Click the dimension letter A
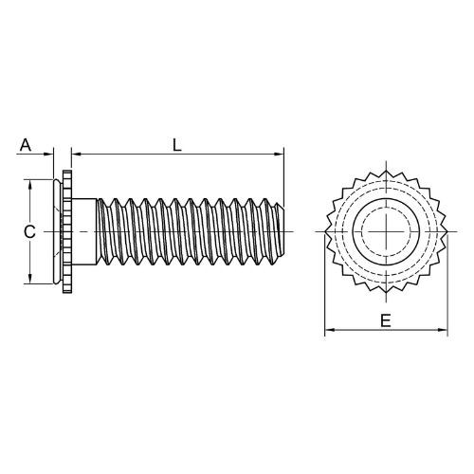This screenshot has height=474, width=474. click(x=26, y=145)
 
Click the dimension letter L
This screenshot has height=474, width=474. click(x=177, y=145)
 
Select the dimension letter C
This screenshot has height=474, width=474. click(x=29, y=232)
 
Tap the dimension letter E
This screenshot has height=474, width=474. click(x=386, y=320)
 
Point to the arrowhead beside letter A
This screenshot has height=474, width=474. click(x=48, y=155)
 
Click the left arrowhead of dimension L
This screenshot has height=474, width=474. click(x=77, y=155)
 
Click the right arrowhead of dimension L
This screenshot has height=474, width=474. click(x=279, y=155)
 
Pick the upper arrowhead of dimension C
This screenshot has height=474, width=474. click(x=30, y=185)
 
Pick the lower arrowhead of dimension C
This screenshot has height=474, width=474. click(x=30, y=279)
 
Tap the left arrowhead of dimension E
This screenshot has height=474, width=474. click(x=330, y=330)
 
